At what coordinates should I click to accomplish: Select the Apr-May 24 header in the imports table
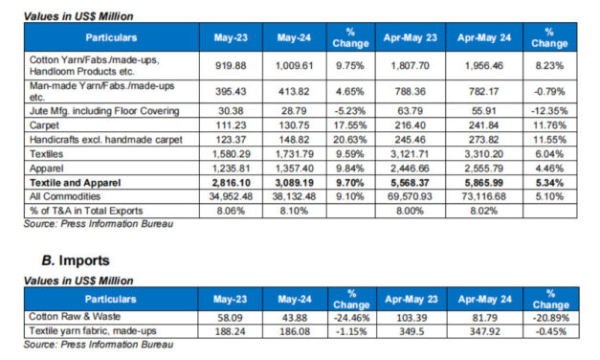point(489,299)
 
